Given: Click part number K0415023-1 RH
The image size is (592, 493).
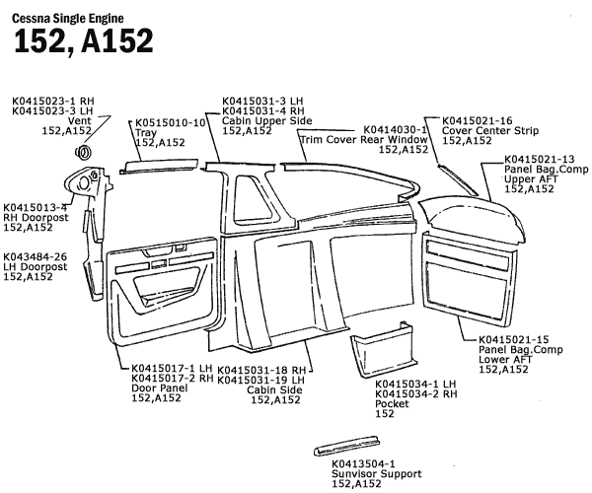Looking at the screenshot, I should coord(52,101).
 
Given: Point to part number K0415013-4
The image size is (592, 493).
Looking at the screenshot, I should coord(35,207).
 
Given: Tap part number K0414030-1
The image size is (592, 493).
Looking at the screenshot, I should coord(396,129).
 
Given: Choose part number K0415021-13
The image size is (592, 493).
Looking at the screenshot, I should coord(539,159).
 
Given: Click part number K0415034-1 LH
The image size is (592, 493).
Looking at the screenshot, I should coord(414,384).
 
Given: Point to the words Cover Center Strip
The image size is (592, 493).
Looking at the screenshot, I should coord(490,130).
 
